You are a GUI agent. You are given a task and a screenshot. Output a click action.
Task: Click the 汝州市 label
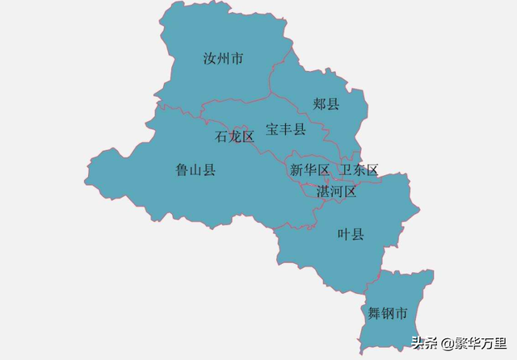pyautogui.click(x=224, y=59)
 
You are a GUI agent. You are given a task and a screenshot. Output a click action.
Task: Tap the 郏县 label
pyautogui.click(x=326, y=104)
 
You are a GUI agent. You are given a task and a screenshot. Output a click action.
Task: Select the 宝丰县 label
pyautogui.click(x=286, y=129)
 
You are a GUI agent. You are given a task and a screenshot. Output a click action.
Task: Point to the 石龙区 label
pyautogui.click(x=235, y=136)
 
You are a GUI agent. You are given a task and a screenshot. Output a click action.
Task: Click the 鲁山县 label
pyautogui.click(x=195, y=170)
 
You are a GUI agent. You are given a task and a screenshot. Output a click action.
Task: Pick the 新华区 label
pyautogui.click(x=310, y=170)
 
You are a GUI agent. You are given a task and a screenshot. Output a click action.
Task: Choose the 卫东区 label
pyautogui.click(x=359, y=170)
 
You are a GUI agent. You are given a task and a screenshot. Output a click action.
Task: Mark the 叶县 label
pyautogui.click(x=351, y=234)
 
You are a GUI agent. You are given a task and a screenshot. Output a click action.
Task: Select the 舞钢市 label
pyautogui.click(x=387, y=312)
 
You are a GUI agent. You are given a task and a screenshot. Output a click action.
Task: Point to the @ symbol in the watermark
pyautogui.click(x=447, y=342)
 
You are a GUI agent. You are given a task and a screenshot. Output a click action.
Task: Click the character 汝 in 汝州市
pyautogui.click(x=210, y=59)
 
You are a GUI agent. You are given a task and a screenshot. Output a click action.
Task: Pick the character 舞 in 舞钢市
pyautogui.click(x=374, y=312)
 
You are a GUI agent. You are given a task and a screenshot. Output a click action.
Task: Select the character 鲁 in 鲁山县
pyautogui.click(x=183, y=170)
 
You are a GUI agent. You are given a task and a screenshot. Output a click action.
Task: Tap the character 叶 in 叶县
pyautogui.click(x=344, y=234)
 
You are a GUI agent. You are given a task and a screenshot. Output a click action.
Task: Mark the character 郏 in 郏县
pyautogui.click(x=320, y=104)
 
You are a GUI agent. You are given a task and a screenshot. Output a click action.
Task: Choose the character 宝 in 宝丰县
pyautogui.click(x=273, y=129)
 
